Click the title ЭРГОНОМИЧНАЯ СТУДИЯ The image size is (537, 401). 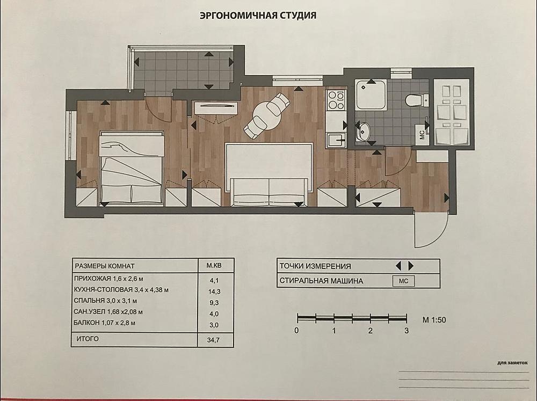[x=258, y=16]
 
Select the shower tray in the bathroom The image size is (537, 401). [x=371, y=95]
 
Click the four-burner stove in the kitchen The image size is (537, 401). [x=336, y=100]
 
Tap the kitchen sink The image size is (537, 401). [x=336, y=140]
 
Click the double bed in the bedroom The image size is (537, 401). [x=131, y=168]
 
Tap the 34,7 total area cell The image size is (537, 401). [x=213, y=340]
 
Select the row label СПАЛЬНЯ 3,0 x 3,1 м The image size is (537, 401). [x=105, y=301]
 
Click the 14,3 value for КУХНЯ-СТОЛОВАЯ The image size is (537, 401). [x=215, y=292]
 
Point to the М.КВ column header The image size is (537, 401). [x=214, y=265]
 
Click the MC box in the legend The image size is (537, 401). [x=403, y=281]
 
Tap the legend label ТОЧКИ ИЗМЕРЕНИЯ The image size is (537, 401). [x=315, y=266]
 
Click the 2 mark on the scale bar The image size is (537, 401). [x=370, y=331]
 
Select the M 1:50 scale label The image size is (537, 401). [x=434, y=320]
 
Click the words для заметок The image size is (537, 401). [x=512, y=363]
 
